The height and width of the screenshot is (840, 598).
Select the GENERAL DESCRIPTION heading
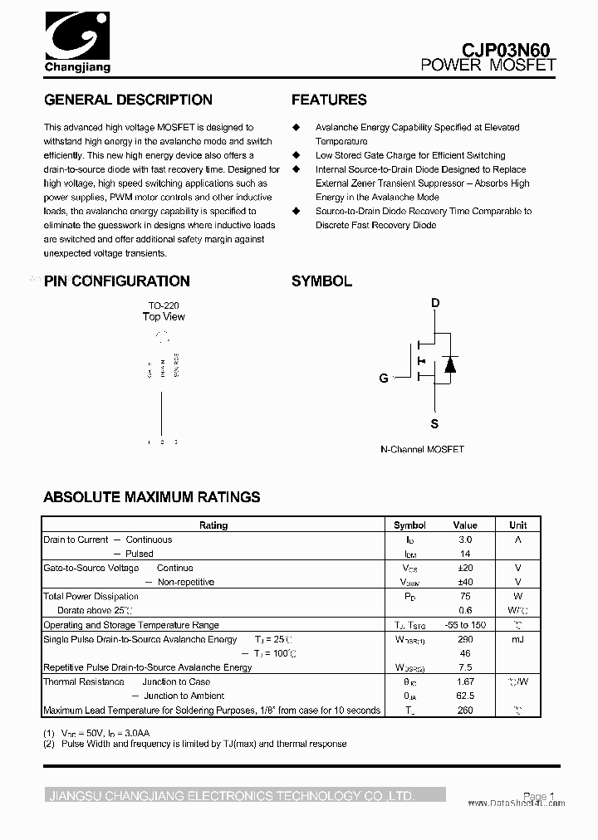(x=128, y=100)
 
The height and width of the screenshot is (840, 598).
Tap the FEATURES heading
(x=329, y=100)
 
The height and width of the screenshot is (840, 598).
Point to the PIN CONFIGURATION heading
(x=117, y=281)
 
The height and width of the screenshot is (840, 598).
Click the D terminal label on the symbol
(x=434, y=303)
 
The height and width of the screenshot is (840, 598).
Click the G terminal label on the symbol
(x=384, y=378)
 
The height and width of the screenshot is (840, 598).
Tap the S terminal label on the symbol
(x=434, y=424)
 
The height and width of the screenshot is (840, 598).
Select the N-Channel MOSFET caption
(x=422, y=449)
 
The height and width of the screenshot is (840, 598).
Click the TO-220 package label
(x=164, y=305)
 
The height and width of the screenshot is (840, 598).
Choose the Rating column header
(x=213, y=525)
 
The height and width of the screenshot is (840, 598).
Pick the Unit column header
(x=517, y=525)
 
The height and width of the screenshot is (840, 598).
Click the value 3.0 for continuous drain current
(x=465, y=540)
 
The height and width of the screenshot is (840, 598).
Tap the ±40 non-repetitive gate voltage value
(x=465, y=582)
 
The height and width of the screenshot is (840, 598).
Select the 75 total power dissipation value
(x=465, y=597)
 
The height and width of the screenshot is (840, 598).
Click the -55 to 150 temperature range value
(x=465, y=625)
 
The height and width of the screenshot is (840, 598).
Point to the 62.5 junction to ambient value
(x=465, y=696)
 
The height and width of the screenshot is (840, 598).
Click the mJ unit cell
(x=517, y=639)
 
